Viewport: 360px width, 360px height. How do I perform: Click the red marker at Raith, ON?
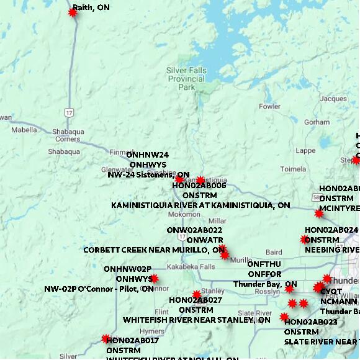coord(73,12)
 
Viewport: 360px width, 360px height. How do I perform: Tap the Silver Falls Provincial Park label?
coord(186,79)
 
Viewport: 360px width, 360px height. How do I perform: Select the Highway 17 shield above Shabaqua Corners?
coord(68,112)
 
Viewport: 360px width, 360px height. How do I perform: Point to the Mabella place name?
coord(24,130)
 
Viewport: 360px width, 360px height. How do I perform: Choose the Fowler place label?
coord(269,106)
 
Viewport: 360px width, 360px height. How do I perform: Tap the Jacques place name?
coord(333,99)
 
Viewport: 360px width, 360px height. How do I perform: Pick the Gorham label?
coord(317,122)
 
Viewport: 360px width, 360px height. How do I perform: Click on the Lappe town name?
coord(305,150)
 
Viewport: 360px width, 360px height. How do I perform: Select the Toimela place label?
coord(293,169)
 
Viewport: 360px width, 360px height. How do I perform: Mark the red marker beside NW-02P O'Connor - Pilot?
coord(154,279)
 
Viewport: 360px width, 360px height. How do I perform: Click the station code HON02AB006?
coord(199,186)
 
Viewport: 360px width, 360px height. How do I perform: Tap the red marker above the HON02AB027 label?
coord(197,294)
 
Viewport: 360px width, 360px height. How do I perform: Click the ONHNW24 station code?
coord(147,155)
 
